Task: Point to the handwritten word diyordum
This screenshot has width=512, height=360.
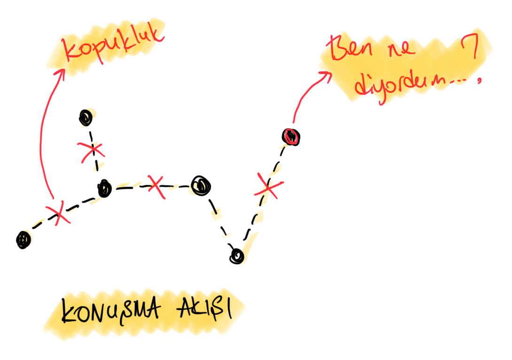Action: click(399, 86)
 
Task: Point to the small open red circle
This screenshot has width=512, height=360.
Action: click(291, 136)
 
